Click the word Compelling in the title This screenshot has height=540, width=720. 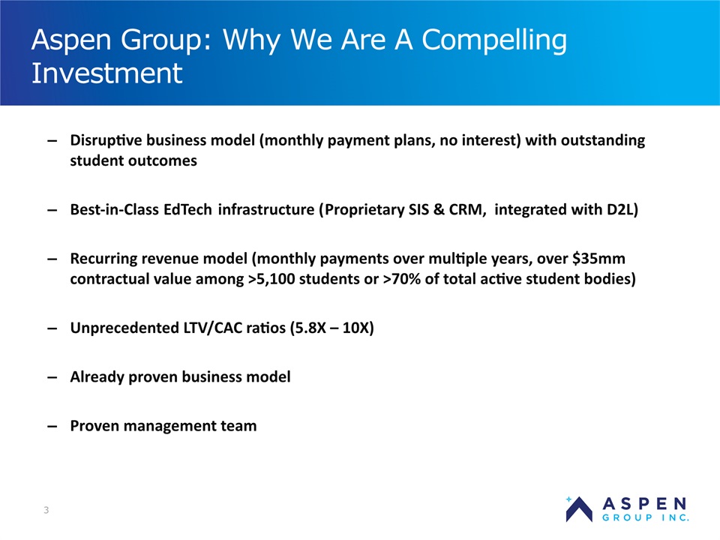(x=494, y=40)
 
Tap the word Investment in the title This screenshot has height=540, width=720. (x=107, y=73)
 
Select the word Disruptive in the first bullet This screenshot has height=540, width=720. (x=106, y=140)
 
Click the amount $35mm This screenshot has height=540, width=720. (x=598, y=259)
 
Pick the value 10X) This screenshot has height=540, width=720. (x=358, y=328)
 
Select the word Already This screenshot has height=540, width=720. (x=97, y=377)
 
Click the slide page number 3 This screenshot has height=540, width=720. (x=46, y=510)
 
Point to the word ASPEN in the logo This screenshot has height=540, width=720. (x=645, y=504)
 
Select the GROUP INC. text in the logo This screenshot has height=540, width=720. (x=646, y=518)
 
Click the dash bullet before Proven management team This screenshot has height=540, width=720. (x=52, y=427)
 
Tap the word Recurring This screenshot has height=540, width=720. (x=103, y=259)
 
